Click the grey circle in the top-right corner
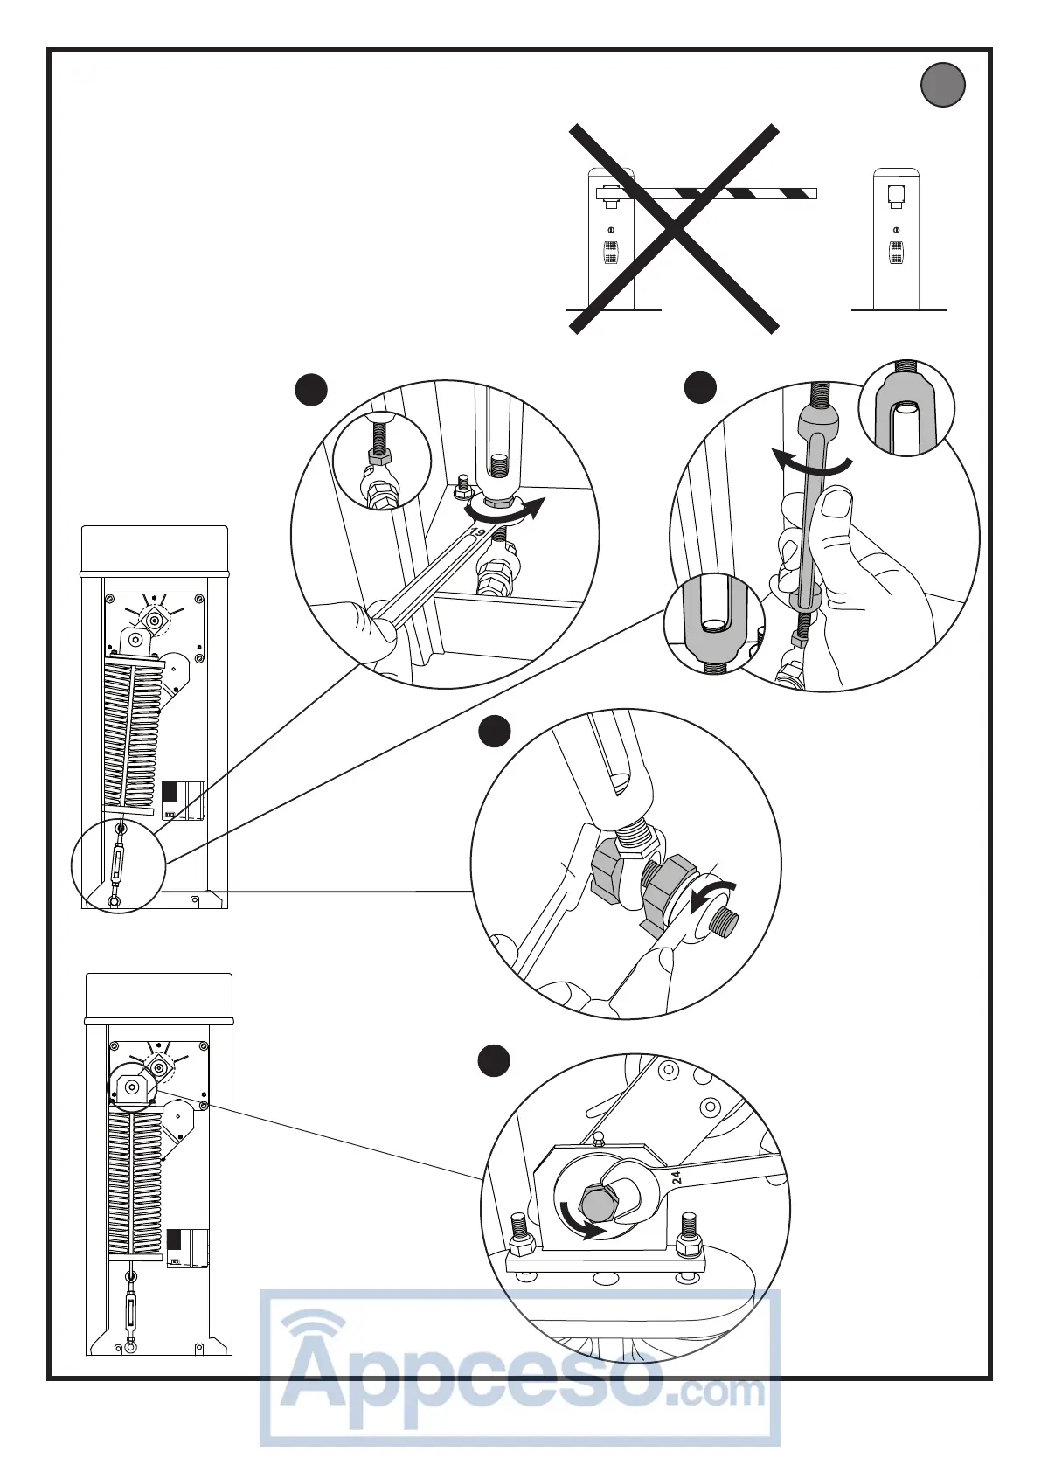[x=942, y=86]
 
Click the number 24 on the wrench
[x=677, y=1177]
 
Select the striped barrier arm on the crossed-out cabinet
[x=717, y=192]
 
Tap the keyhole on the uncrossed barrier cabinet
[x=896, y=230]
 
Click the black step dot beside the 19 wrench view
[x=310, y=390]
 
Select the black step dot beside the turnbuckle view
[x=700, y=387]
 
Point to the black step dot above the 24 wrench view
[x=494, y=1061]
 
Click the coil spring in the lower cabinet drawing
[x=135, y=1180]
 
